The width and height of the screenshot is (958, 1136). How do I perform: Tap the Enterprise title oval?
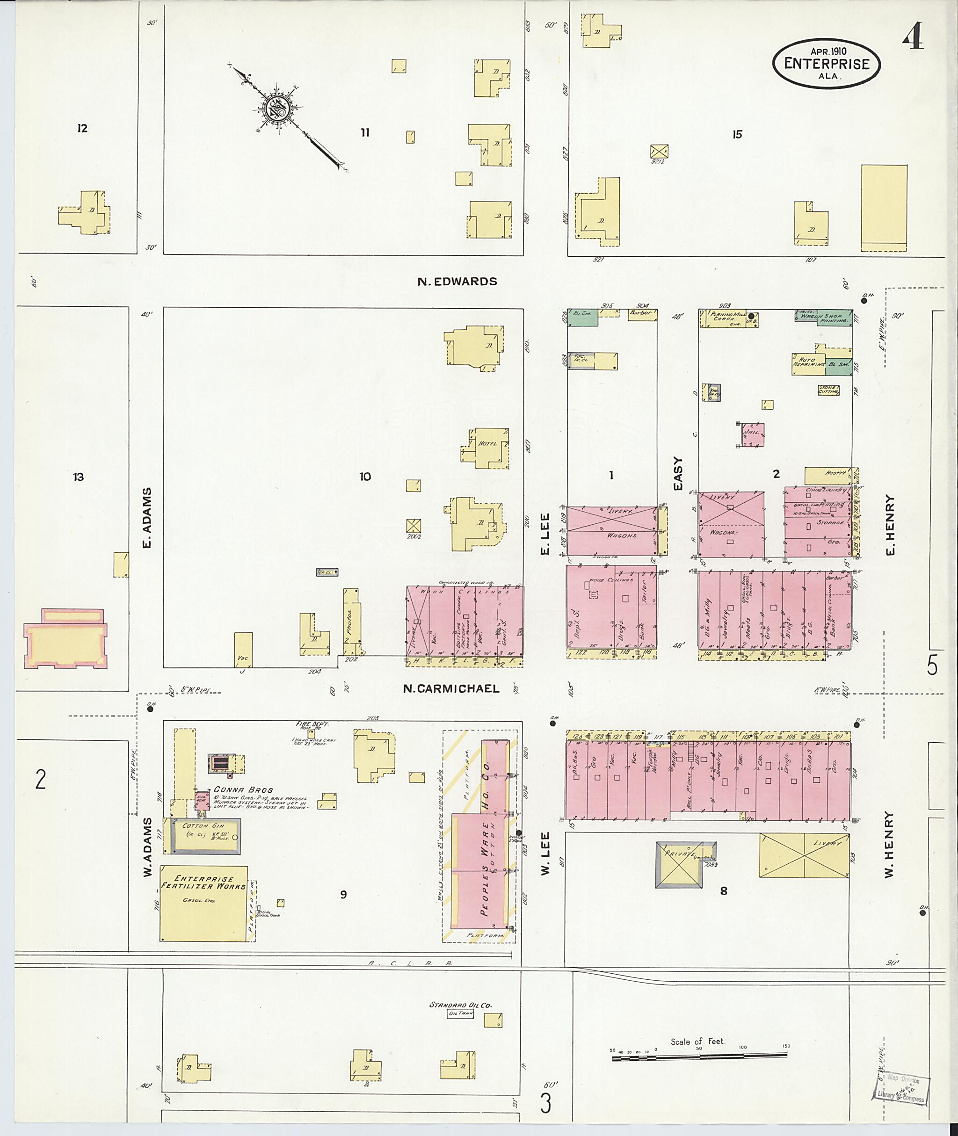(826, 64)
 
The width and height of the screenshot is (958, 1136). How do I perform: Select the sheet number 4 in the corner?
(914, 37)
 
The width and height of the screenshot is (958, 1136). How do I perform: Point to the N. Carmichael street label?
(451, 688)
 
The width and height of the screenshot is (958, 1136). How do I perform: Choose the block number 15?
(736, 134)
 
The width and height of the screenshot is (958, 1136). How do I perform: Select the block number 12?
(82, 128)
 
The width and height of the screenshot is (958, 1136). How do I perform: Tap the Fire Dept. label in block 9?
(312, 724)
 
